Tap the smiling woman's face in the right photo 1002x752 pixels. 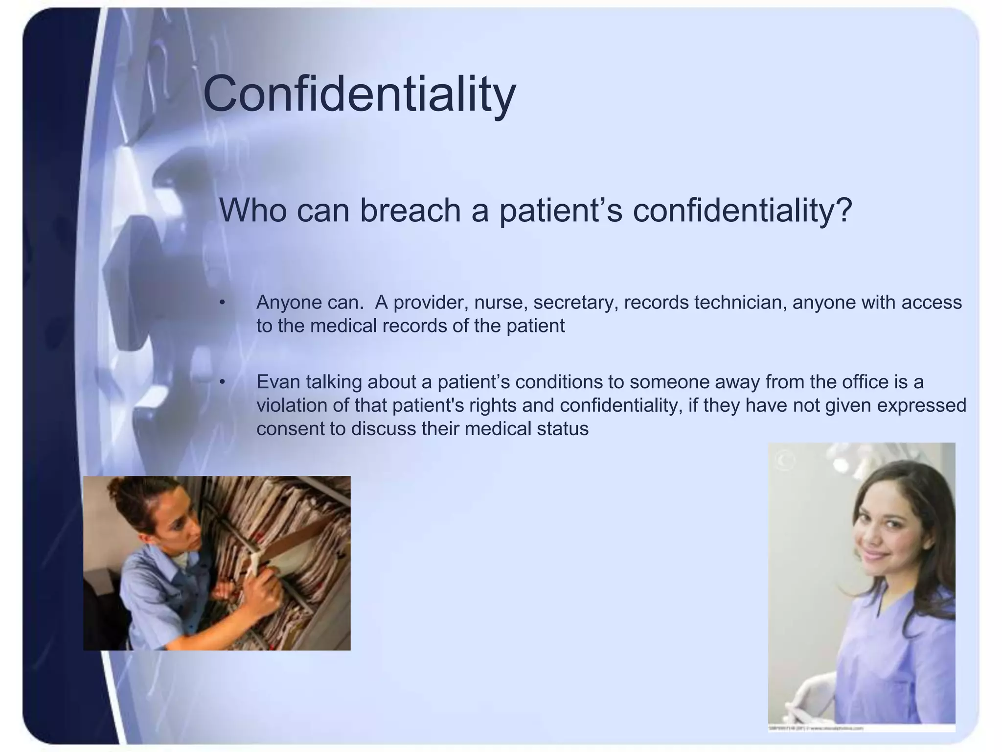[883, 531]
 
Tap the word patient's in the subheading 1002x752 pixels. [560, 211]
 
